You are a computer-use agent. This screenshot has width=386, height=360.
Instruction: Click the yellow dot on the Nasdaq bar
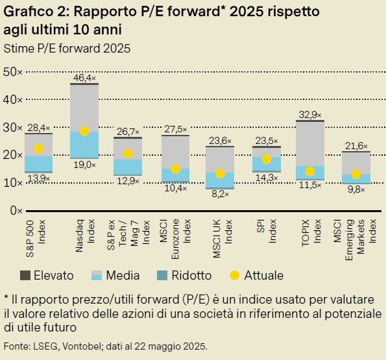point(84,131)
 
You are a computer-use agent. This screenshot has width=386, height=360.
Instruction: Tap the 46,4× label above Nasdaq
point(84,78)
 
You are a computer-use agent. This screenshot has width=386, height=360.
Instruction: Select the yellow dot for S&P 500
point(38,149)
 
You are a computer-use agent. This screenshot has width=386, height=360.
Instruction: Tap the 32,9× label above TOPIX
point(310,115)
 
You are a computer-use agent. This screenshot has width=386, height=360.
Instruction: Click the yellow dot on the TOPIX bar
point(310,171)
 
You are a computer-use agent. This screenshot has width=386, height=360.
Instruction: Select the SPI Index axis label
point(265,231)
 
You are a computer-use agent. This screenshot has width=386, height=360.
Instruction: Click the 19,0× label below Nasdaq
point(84,165)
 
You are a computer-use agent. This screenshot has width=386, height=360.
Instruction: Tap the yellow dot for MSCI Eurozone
point(175,169)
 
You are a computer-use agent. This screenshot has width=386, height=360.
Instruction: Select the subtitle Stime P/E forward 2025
point(67,49)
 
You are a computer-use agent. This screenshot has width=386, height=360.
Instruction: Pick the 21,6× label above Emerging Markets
point(356,146)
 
